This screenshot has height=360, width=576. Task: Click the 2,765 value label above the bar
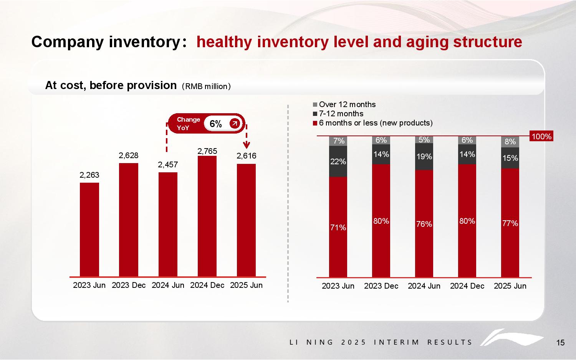207,151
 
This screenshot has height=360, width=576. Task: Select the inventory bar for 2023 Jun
89,229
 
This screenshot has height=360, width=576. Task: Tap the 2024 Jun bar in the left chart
168,224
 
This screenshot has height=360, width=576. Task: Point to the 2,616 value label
246,156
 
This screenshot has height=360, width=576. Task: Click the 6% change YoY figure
216,124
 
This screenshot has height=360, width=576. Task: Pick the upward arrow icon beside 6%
234,123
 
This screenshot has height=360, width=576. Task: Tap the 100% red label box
541,136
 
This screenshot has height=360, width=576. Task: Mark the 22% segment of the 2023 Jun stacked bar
338,162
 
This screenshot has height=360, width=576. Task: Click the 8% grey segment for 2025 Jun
510,142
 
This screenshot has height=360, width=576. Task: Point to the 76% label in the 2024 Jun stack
424,224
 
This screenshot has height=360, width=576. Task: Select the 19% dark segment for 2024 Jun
424,157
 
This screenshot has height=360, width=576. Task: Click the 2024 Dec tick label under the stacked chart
467,286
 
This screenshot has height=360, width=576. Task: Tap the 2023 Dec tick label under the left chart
129,285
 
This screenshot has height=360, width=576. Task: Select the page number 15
560,343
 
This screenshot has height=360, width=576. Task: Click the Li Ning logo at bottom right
511,337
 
